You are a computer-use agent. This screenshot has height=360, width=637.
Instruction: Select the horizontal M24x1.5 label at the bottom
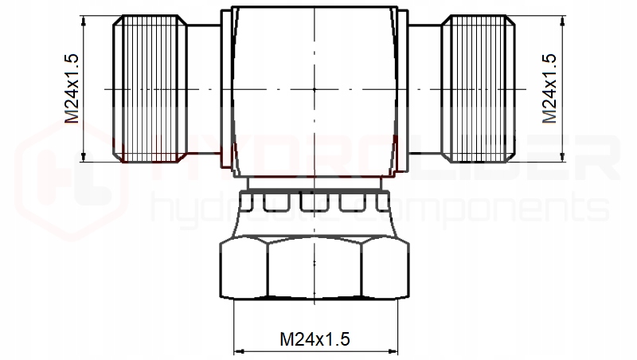click(x=315, y=338)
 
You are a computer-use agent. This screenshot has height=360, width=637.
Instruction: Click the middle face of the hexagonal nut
click(x=315, y=268)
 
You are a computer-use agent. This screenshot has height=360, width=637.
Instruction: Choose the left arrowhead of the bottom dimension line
click(x=236, y=351)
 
